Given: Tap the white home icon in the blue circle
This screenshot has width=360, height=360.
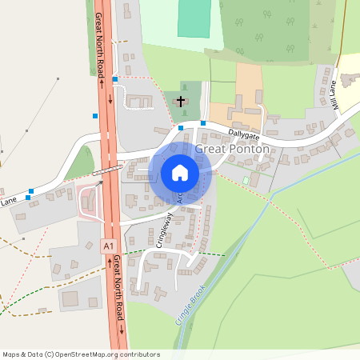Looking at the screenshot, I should pyautogui.click(x=180, y=172).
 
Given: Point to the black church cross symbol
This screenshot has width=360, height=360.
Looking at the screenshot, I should pyautogui.click(x=181, y=102).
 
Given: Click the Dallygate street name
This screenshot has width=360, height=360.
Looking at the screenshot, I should pyautogui.click(x=244, y=126).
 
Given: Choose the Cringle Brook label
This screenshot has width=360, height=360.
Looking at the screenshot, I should pyautogui.click(x=189, y=303).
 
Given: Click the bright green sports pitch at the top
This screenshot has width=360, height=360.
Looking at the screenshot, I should pyautogui.click(x=192, y=18).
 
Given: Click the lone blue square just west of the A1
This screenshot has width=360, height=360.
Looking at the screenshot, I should pyautogui.click(x=96, y=117).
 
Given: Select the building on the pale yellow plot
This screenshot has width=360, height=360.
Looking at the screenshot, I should pyautogui.click(x=350, y=80).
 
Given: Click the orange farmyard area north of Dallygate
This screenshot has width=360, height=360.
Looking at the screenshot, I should pyautogui.click(x=248, y=84).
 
